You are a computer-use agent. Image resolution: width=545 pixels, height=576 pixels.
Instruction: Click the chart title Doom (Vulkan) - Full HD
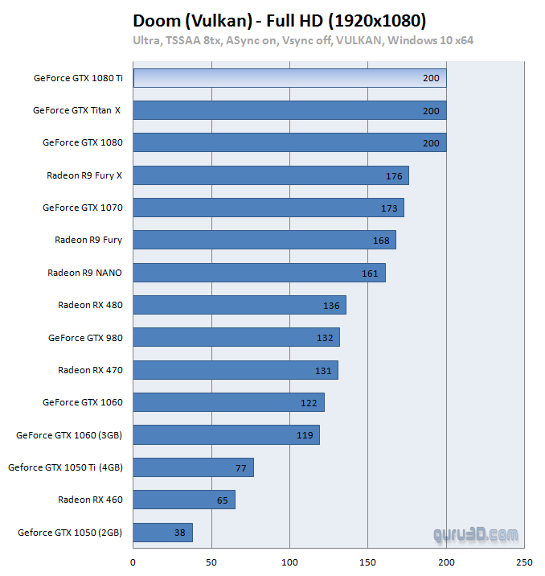(278, 20)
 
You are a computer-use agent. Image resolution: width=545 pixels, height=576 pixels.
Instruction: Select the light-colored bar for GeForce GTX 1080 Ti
(289, 78)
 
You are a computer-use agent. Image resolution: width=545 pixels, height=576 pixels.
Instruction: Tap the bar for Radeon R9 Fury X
(270, 175)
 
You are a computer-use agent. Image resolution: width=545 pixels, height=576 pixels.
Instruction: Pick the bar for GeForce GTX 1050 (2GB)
(162, 532)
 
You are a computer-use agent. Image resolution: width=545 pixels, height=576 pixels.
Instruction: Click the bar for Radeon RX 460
(183, 500)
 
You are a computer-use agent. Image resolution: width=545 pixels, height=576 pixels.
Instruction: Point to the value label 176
(394, 176)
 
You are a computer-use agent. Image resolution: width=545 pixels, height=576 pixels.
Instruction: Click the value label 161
(370, 274)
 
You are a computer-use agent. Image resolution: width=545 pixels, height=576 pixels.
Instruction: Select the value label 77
(240, 467)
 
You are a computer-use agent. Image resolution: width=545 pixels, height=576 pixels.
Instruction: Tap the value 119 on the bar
(304, 435)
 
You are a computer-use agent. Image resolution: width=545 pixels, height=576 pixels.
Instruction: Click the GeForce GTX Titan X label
(76, 110)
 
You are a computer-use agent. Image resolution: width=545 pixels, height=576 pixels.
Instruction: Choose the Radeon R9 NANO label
(84, 273)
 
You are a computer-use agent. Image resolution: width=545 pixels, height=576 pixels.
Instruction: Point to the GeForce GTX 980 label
(85, 338)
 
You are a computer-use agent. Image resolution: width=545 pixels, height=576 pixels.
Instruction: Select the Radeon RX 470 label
(90, 370)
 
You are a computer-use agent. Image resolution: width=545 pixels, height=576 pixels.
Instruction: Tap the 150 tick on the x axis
(367, 562)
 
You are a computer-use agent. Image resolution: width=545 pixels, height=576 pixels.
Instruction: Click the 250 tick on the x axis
(524, 562)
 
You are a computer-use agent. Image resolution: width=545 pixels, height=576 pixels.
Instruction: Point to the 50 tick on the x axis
(211, 562)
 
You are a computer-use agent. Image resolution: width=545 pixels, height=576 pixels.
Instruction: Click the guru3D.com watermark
(476, 534)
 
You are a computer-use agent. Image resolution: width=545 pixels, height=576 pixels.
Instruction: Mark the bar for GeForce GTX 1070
(268, 208)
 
